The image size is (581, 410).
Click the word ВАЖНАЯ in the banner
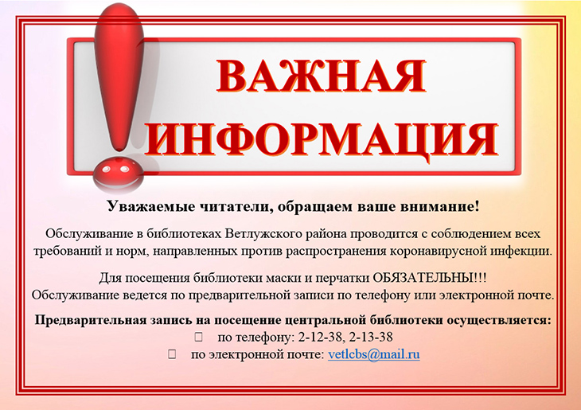tap(321, 76)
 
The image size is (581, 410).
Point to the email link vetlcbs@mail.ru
tap(374, 355)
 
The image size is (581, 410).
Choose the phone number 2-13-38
tap(371, 338)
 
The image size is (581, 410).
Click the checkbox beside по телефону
tap(199, 338)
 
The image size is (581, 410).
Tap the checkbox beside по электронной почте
tap(172, 355)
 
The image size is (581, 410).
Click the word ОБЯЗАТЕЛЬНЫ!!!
tap(430, 278)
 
